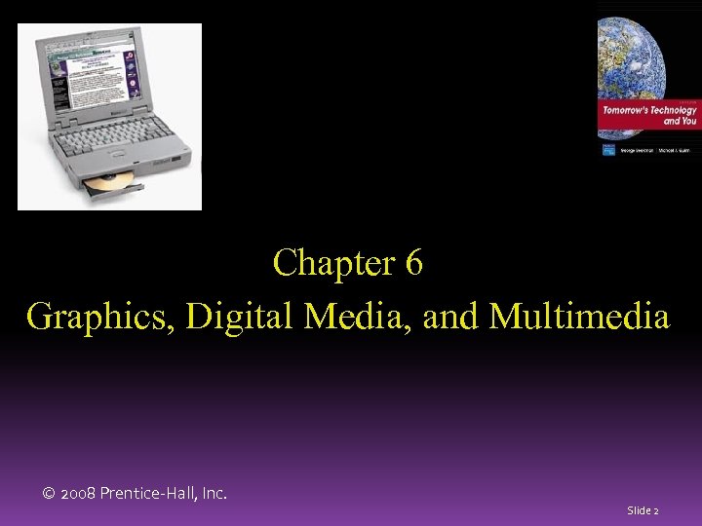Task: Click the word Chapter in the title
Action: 329,263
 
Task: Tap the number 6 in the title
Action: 412,263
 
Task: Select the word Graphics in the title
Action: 87,317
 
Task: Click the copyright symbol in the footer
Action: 49,495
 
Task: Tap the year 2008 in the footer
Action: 79,495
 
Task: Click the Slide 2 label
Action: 643,510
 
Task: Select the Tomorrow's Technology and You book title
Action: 648,115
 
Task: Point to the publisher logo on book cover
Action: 608,150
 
